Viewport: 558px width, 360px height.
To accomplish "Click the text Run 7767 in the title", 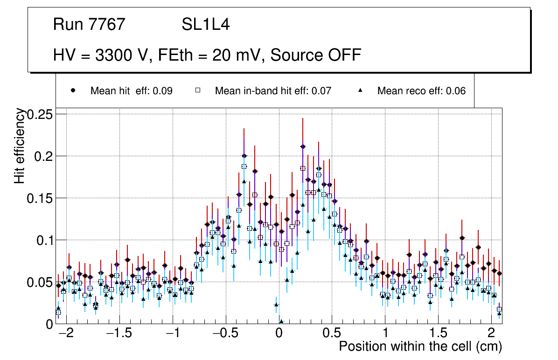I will tap(89, 25).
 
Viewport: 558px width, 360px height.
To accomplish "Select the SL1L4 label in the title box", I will tap(205, 25).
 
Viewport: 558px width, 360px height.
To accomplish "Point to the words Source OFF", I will tap(316, 55).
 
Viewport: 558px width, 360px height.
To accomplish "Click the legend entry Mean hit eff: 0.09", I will tap(131, 91).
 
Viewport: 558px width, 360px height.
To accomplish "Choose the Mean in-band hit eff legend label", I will tap(273, 91).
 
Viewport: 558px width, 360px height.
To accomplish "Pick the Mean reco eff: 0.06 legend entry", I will tap(421, 91).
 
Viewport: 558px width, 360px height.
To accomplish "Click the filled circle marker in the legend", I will tap(73, 90).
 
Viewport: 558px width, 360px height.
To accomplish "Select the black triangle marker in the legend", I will tap(360, 90).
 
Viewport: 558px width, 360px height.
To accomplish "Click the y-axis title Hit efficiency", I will tap(20, 145).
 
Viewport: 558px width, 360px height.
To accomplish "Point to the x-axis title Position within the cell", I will tap(420, 346).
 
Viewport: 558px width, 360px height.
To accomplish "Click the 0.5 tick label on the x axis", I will tap(332, 334).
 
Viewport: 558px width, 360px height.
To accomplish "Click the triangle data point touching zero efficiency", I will tap(281, 321).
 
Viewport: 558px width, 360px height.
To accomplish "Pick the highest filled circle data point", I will tap(303, 146).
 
